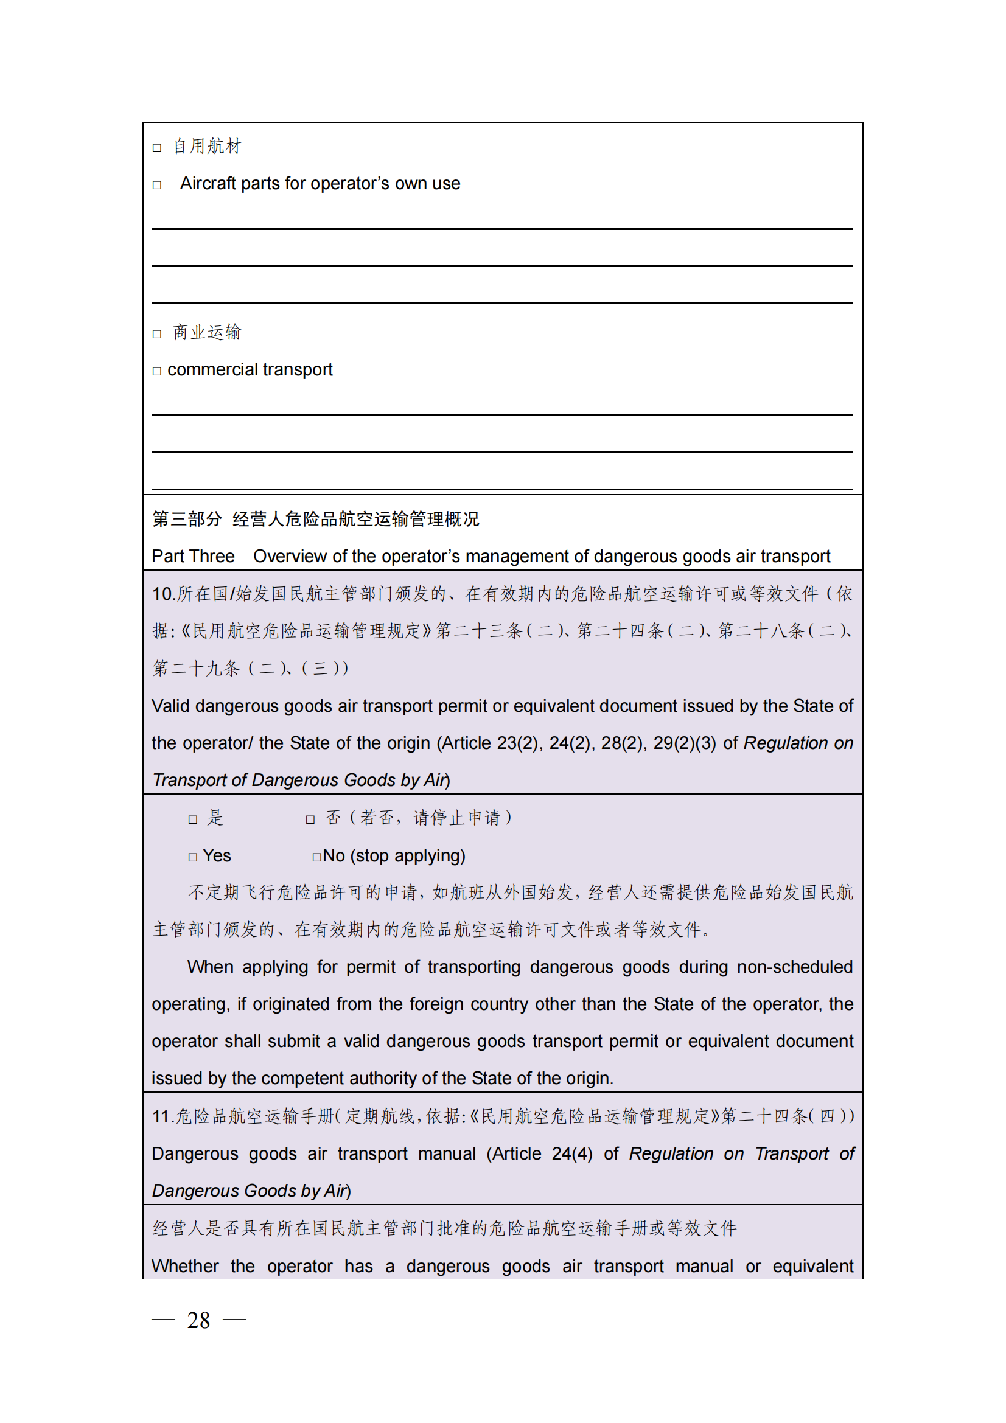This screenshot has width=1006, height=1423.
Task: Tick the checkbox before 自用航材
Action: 157,147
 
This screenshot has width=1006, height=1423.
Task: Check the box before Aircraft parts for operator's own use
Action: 157,185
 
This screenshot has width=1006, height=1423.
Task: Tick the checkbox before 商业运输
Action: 157,334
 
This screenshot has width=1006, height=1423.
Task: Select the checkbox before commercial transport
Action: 157,371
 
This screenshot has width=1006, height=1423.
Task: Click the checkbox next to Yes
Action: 193,857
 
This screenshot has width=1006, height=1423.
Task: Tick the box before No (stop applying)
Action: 316,857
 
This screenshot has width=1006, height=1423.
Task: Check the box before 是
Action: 193,819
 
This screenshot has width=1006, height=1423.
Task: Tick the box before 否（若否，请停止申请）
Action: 310,819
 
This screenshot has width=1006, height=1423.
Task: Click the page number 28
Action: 198,1320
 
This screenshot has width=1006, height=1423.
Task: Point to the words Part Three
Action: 193,556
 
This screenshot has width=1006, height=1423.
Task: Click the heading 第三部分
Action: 187,519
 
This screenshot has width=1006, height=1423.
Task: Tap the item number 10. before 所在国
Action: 164,594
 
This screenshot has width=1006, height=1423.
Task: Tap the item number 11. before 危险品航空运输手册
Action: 163,1116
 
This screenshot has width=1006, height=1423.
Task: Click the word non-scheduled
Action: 795,967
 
